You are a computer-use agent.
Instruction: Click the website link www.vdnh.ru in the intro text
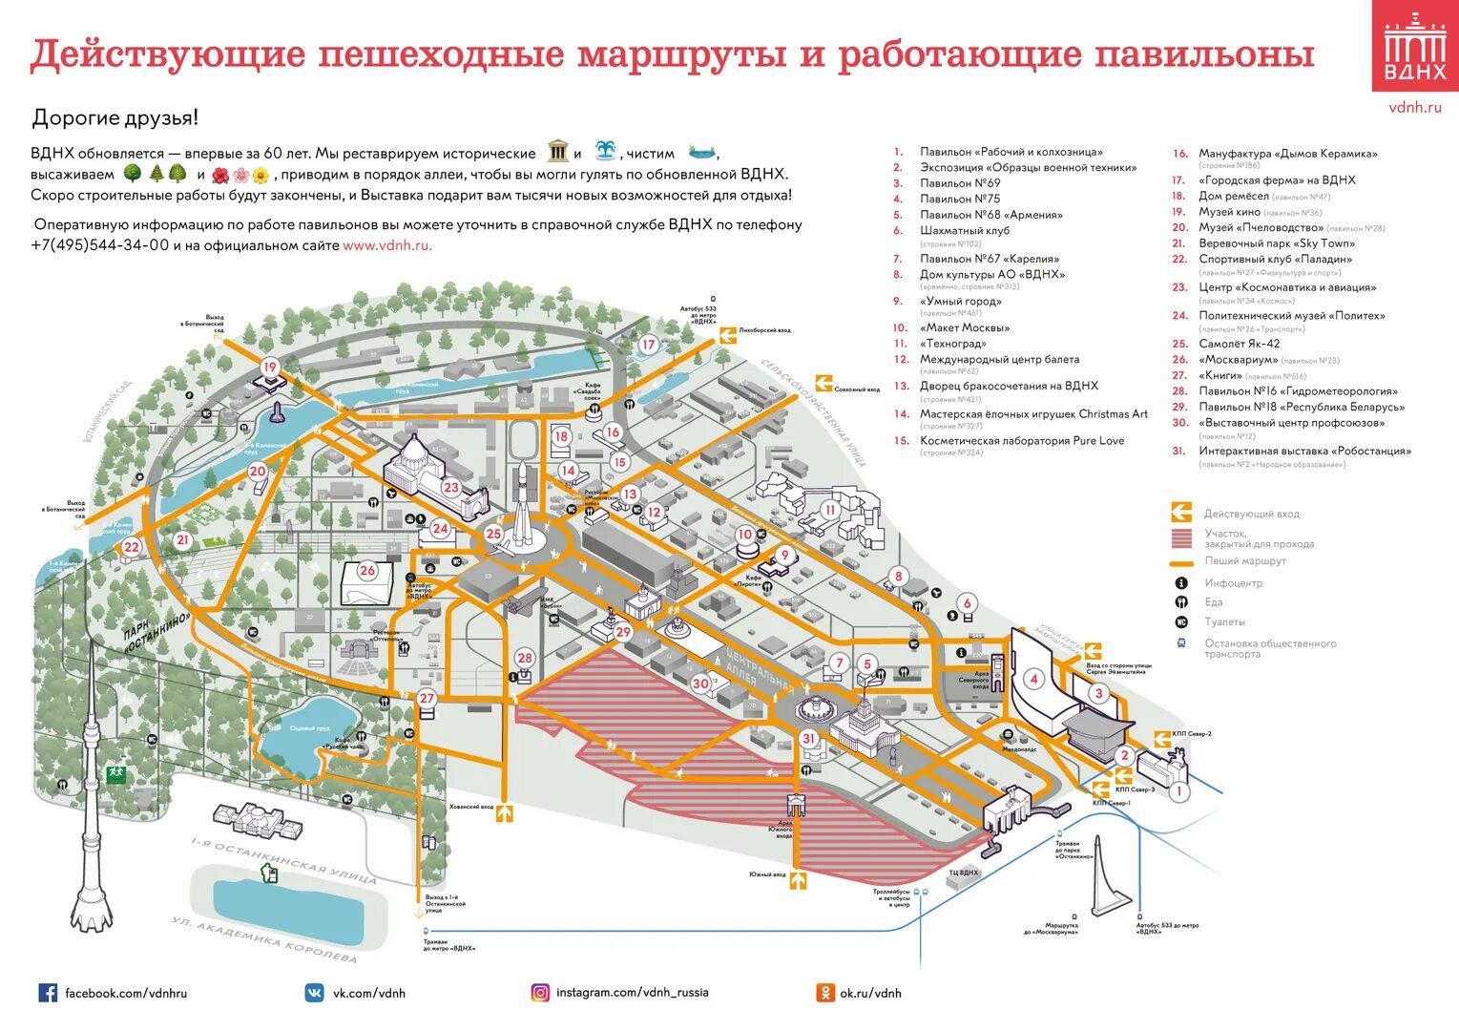coord(386,245)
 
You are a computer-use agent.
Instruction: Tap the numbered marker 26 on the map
coord(367,571)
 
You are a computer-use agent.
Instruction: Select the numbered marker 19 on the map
coord(270,368)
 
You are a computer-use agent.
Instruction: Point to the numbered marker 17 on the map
coord(649,345)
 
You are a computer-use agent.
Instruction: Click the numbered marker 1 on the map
coord(1179,791)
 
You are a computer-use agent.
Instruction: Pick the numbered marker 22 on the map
coord(132,547)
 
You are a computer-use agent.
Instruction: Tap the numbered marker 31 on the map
coord(809,738)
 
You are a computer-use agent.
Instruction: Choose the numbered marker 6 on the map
coord(968,603)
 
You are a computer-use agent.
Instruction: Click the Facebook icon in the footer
coord(48,993)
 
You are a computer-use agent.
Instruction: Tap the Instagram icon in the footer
coord(540,993)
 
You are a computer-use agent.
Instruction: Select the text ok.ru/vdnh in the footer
coord(870,993)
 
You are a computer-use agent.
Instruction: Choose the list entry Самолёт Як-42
coord(1240,344)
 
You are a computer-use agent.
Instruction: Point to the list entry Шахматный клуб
coord(964,230)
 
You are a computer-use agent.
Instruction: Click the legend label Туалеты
coord(1224,622)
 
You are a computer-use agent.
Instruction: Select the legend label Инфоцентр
coord(1233,583)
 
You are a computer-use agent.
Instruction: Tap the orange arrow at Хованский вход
coord(505,812)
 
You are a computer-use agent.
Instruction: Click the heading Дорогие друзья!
coord(115,118)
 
